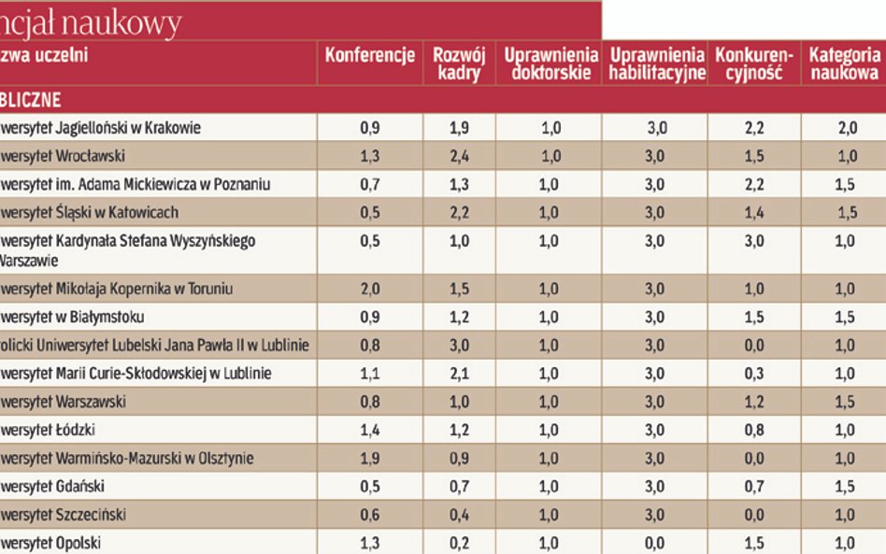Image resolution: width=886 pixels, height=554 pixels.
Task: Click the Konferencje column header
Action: coord(369,55)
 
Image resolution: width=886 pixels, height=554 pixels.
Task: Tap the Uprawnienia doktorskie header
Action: coord(548,64)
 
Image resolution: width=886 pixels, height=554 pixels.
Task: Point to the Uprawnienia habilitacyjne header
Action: coord(654,64)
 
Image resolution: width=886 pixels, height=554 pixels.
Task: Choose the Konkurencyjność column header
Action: coord(753,64)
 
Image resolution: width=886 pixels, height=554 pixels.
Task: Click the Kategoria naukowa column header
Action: coord(844,64)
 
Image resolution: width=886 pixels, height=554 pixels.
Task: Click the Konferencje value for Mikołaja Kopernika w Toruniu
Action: coord(369,290)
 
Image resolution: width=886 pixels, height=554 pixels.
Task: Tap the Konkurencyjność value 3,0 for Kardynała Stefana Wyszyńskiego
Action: coord(754,241)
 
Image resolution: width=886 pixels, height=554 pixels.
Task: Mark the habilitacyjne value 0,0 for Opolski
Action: coord(654,543)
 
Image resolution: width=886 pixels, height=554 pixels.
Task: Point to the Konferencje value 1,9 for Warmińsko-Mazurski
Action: coord(369,459)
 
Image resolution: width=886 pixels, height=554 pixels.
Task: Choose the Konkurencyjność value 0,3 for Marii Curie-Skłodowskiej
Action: coord(754,374)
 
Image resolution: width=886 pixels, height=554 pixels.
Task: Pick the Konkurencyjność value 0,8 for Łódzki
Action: coord(754,431)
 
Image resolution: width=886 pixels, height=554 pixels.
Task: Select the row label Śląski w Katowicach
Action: coord(90,213)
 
